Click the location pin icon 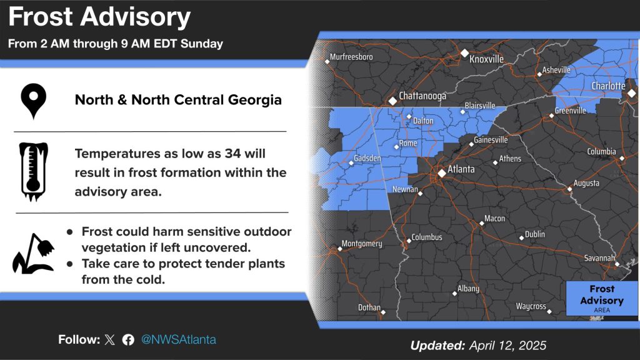tap(34, 101)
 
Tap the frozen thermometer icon tap(34, 171)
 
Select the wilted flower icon tap(34, 254)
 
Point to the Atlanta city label tap(461, 169)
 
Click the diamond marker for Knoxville tap(464, 53)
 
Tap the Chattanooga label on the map tap(422, 96)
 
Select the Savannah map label tap(599, 258)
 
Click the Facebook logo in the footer tap(128, 339)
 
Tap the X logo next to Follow tap(109, 339)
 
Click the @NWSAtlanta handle tap(178, 339)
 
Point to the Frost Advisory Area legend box tap(602, 298)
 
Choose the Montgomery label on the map tap(362, 244)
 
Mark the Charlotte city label tap(608, 86)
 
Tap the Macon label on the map tap(494, 218)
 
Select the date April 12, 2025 tap(507, 346)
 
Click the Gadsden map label tap(367, 158)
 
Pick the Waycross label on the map tap(531, 306)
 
